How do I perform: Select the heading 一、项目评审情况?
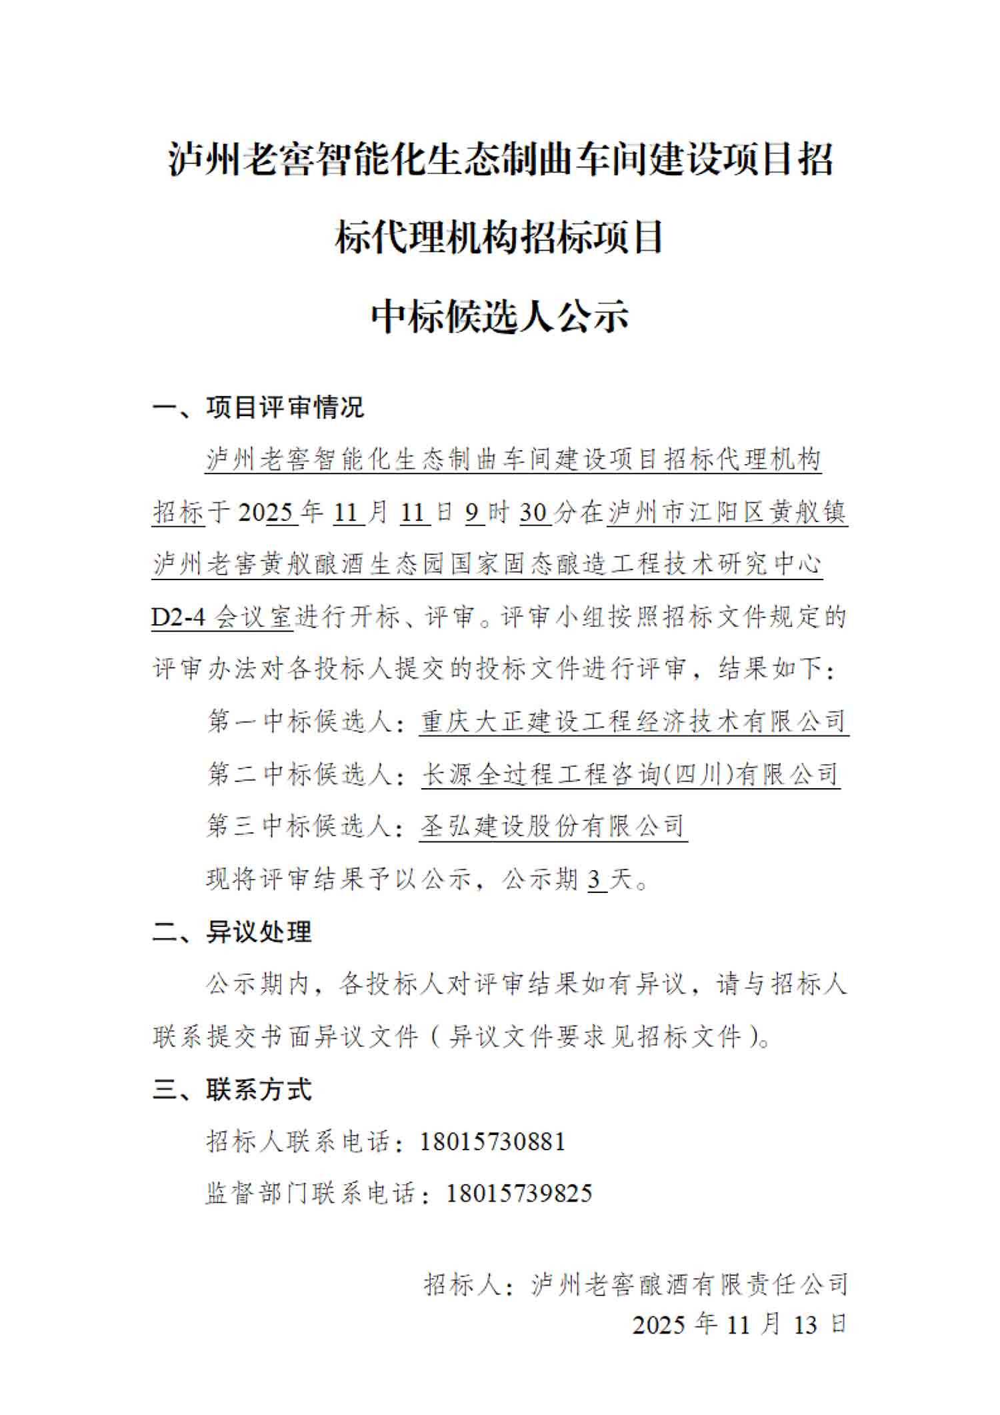[x=258, y=407]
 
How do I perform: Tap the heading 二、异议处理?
[x=231, y=932]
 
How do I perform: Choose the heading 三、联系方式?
[x=231, y=1089]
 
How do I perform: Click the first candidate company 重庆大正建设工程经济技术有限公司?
[x=633, y=722]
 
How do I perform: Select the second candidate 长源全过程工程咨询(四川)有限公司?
[x=630, y=774]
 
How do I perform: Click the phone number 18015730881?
[x=493, y=1142]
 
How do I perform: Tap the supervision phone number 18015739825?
[x=519, y=1194]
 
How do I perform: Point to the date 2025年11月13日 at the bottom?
[x=739, y=1324]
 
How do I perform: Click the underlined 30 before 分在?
[x=534, y=512]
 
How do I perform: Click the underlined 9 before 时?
[x=473, y=512]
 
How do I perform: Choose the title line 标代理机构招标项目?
[x=500, y=237]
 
